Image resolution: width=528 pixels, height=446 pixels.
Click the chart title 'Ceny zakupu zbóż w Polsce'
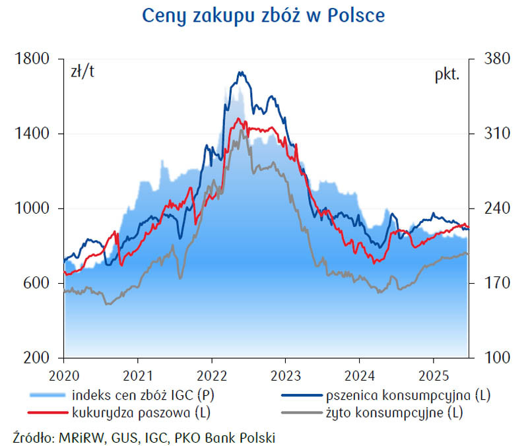click(x=263, y=16)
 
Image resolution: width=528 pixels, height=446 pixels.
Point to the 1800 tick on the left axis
click(x=32, y=59)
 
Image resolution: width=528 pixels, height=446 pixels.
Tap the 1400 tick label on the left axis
click(x=32, y=134)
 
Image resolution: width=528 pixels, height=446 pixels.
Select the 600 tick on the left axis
click(x=36, y=283)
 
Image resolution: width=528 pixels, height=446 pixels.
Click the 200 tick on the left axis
click(x=36, y=358)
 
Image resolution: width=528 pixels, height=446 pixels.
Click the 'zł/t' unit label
click(x=82, y=73)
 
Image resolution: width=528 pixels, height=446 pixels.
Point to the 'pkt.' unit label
click(x=446, y=73)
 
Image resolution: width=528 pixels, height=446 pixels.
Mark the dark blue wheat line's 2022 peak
click(x=242, y=72)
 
